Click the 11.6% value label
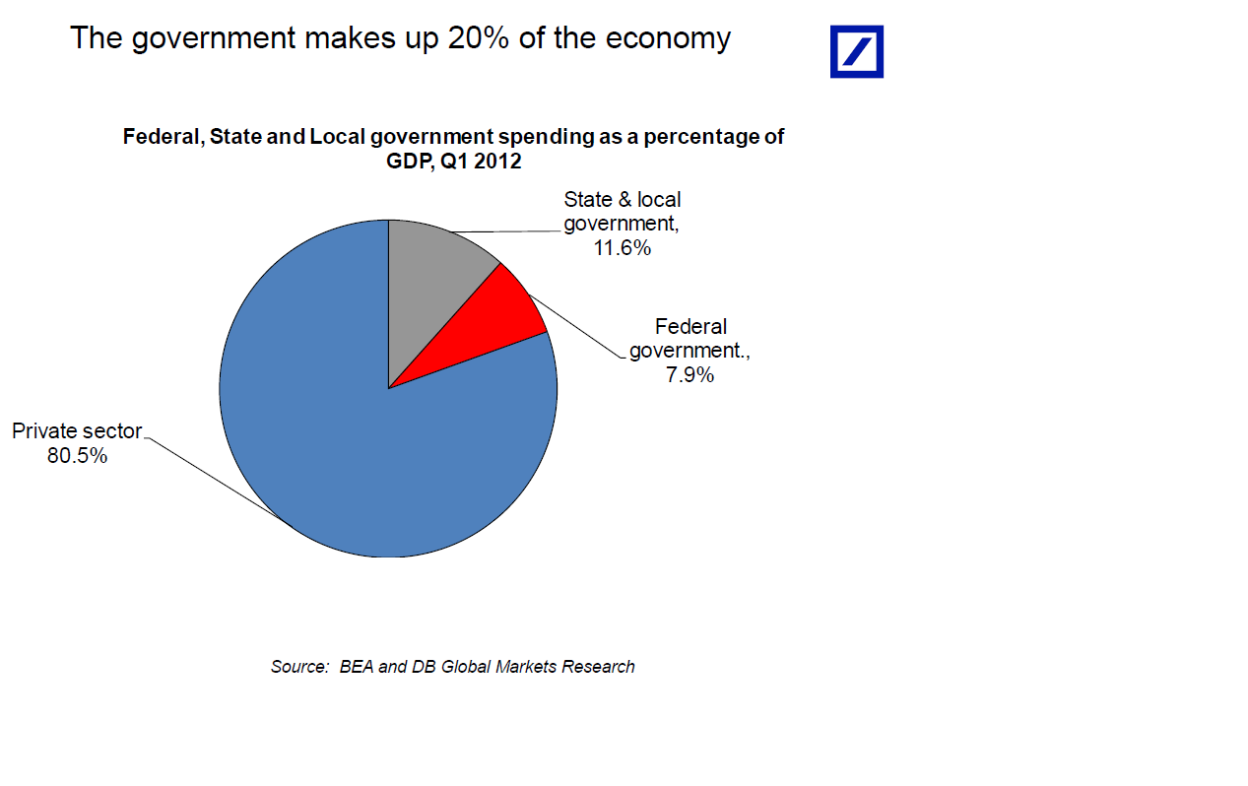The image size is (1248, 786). click(622, 248)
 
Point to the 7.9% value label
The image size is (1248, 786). click(690, 375)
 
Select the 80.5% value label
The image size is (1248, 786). click(77, 456)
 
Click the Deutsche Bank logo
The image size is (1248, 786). click(856, 51)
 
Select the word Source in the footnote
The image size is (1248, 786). click(298, 667)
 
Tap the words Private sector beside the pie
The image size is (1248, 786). click(77, 430)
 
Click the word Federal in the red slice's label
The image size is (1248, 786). click(690, 326)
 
